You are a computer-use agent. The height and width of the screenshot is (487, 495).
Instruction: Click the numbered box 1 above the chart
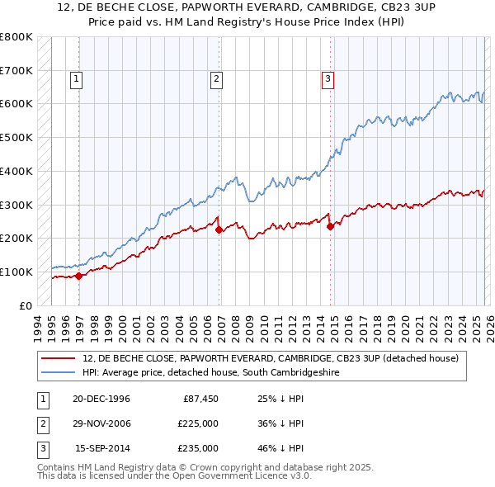click(76, 79)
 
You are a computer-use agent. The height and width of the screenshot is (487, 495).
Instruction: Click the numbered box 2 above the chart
click(216, 79)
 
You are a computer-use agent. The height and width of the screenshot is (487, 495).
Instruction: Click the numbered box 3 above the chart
click(328, 79)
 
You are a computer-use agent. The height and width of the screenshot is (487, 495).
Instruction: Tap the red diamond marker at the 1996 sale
click(79, 276)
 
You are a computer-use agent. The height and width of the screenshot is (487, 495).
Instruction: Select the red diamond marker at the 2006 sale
click(219, 230)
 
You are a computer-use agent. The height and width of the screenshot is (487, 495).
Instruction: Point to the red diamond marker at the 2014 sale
click(330, 226)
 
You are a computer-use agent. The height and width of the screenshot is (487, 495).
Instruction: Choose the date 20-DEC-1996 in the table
click(101, 399)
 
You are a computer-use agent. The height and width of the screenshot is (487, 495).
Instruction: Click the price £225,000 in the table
click(199, 423)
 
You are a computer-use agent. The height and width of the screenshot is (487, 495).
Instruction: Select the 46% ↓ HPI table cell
click(280, 448)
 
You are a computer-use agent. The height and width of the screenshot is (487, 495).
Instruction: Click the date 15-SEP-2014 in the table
click(102, 448)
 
